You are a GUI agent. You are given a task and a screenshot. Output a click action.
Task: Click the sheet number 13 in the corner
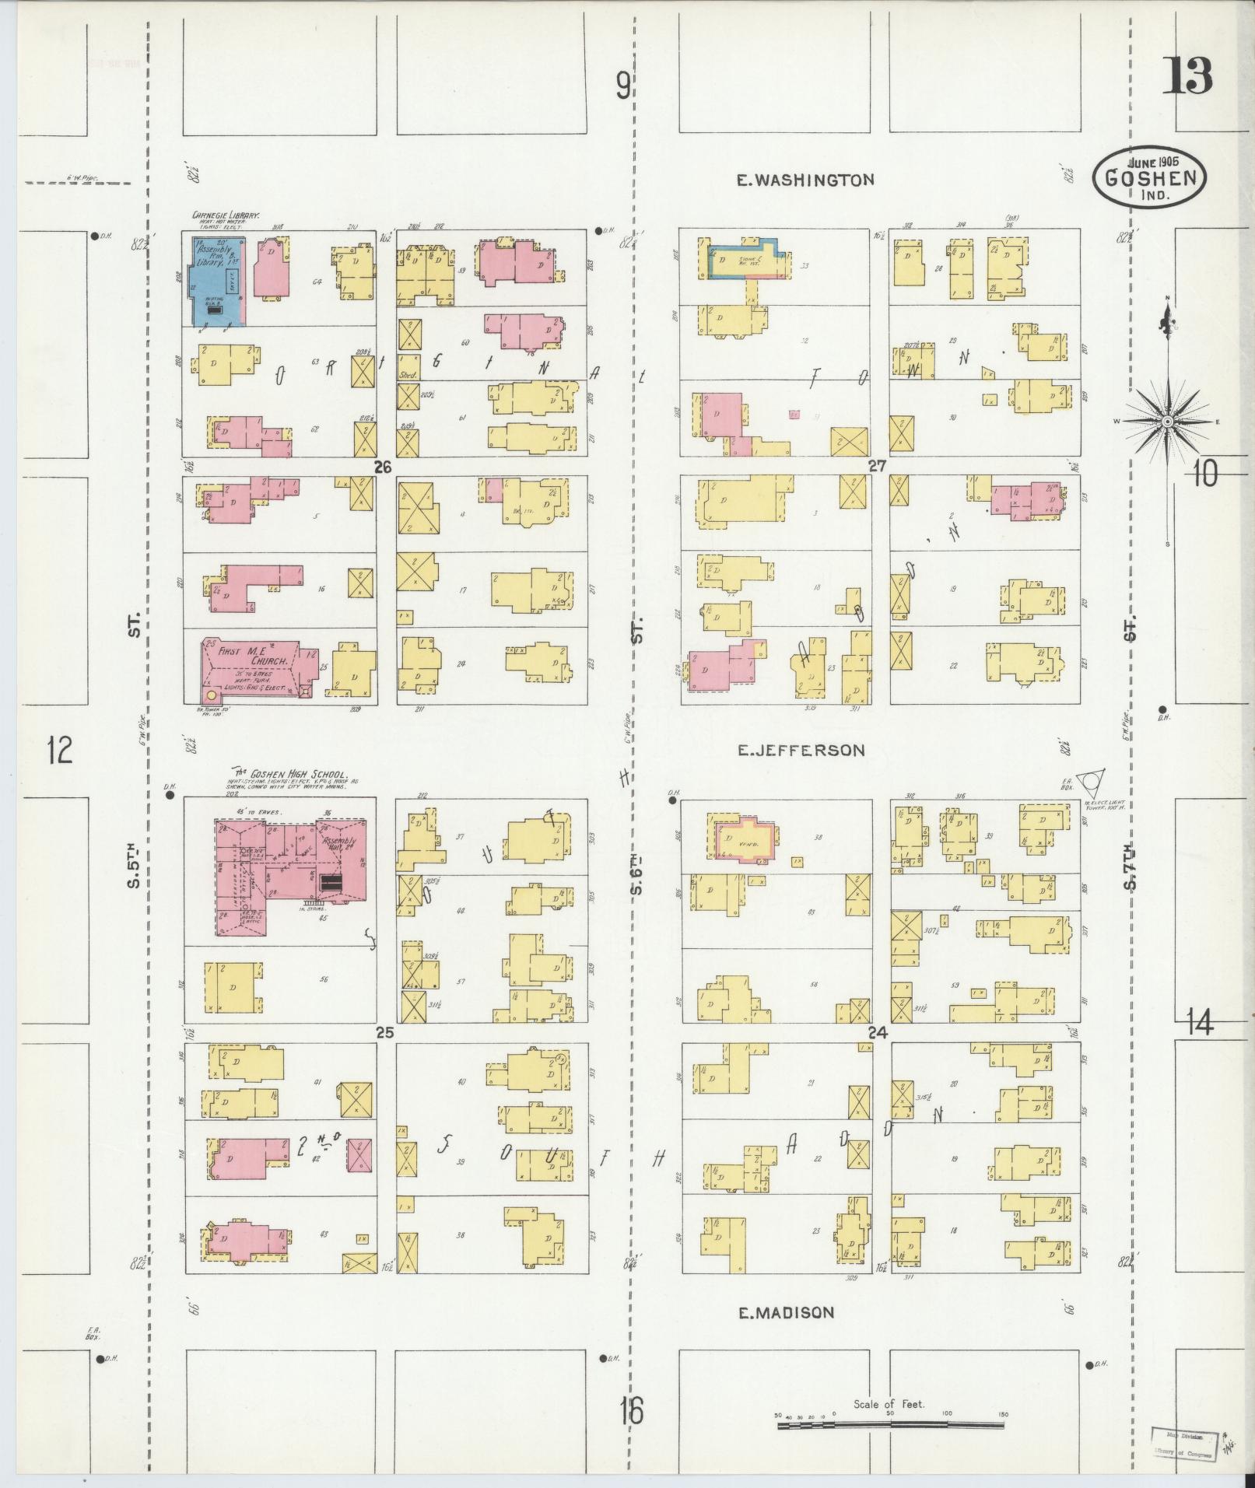tap(1187, 76)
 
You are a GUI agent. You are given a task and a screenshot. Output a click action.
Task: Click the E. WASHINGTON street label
tap(805, 180)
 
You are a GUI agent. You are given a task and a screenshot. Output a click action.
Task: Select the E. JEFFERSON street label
tap(801, 751)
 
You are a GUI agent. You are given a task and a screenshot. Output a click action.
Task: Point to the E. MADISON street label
tap(786, 1313)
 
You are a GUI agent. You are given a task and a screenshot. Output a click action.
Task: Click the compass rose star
tap(1167, 421)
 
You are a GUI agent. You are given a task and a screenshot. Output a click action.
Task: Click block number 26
tap(382, 467)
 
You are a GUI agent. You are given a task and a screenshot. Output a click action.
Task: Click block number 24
tap(878, 1033)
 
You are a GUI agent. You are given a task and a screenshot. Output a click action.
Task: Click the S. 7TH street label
tap(1131, 865)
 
